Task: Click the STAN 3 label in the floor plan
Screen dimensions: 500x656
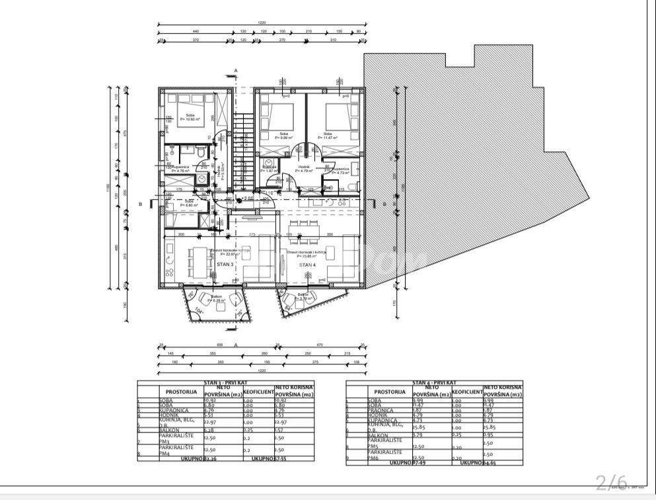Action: click(x=225, y=264)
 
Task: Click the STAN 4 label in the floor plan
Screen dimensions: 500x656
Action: click(x=307, y=265)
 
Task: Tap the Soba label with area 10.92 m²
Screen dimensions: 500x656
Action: click(x=190, y=118)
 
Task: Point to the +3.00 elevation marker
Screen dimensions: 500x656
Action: click(x=248, y=198)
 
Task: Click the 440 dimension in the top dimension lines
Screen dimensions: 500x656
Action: click(x=195, y=32)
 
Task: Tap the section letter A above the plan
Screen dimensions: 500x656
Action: click(x=235, y=69)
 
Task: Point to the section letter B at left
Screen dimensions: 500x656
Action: click(x=141, y=205)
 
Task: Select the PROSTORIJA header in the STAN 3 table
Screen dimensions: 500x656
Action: click(x=181, y=392)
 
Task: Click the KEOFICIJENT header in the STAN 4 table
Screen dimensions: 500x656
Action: click(x=466, y=392)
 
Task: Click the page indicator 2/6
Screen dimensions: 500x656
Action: click(x=611, y=481)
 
